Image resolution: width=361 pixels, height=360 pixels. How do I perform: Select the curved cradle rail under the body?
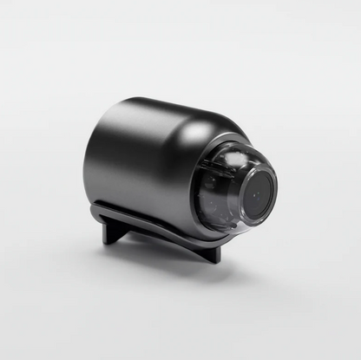click(156, 227)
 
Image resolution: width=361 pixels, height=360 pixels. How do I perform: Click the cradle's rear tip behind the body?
click(97, 208)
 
